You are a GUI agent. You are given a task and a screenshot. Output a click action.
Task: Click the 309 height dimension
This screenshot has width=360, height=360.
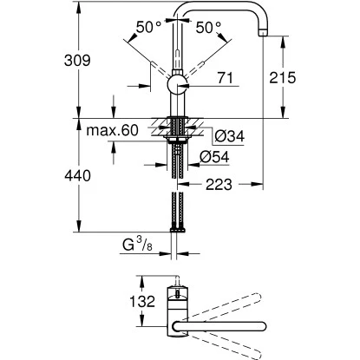[40, 61]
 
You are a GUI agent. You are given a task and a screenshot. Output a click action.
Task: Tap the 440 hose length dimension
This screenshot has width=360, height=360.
[40, 175]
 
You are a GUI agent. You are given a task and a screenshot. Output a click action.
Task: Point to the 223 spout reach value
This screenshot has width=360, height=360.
[217, 184]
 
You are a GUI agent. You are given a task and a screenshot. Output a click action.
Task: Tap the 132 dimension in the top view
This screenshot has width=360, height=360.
[125, 302]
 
